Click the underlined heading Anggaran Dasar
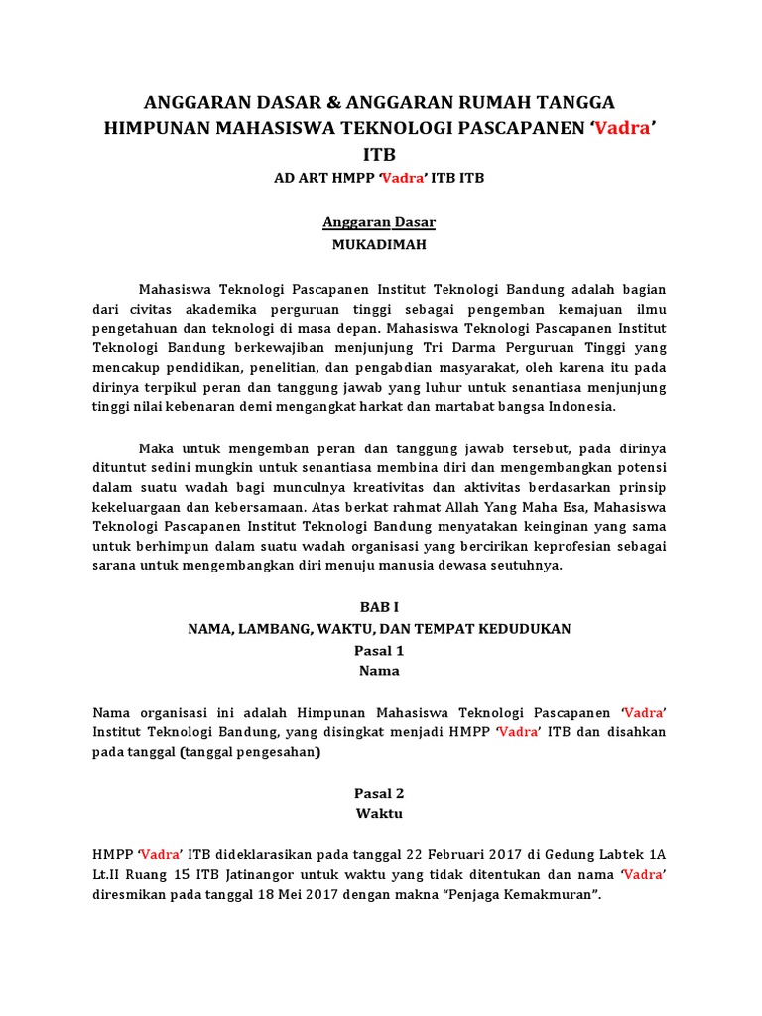tap(380, 223)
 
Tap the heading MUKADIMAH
tap(380, 243)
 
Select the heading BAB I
tap(380, 607)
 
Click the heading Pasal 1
tap(380, 651)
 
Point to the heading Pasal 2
tap(380, 793)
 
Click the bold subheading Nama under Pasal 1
tap(380, 671)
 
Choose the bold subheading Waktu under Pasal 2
tap(380, 813)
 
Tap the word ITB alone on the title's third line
tap(380, 155)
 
